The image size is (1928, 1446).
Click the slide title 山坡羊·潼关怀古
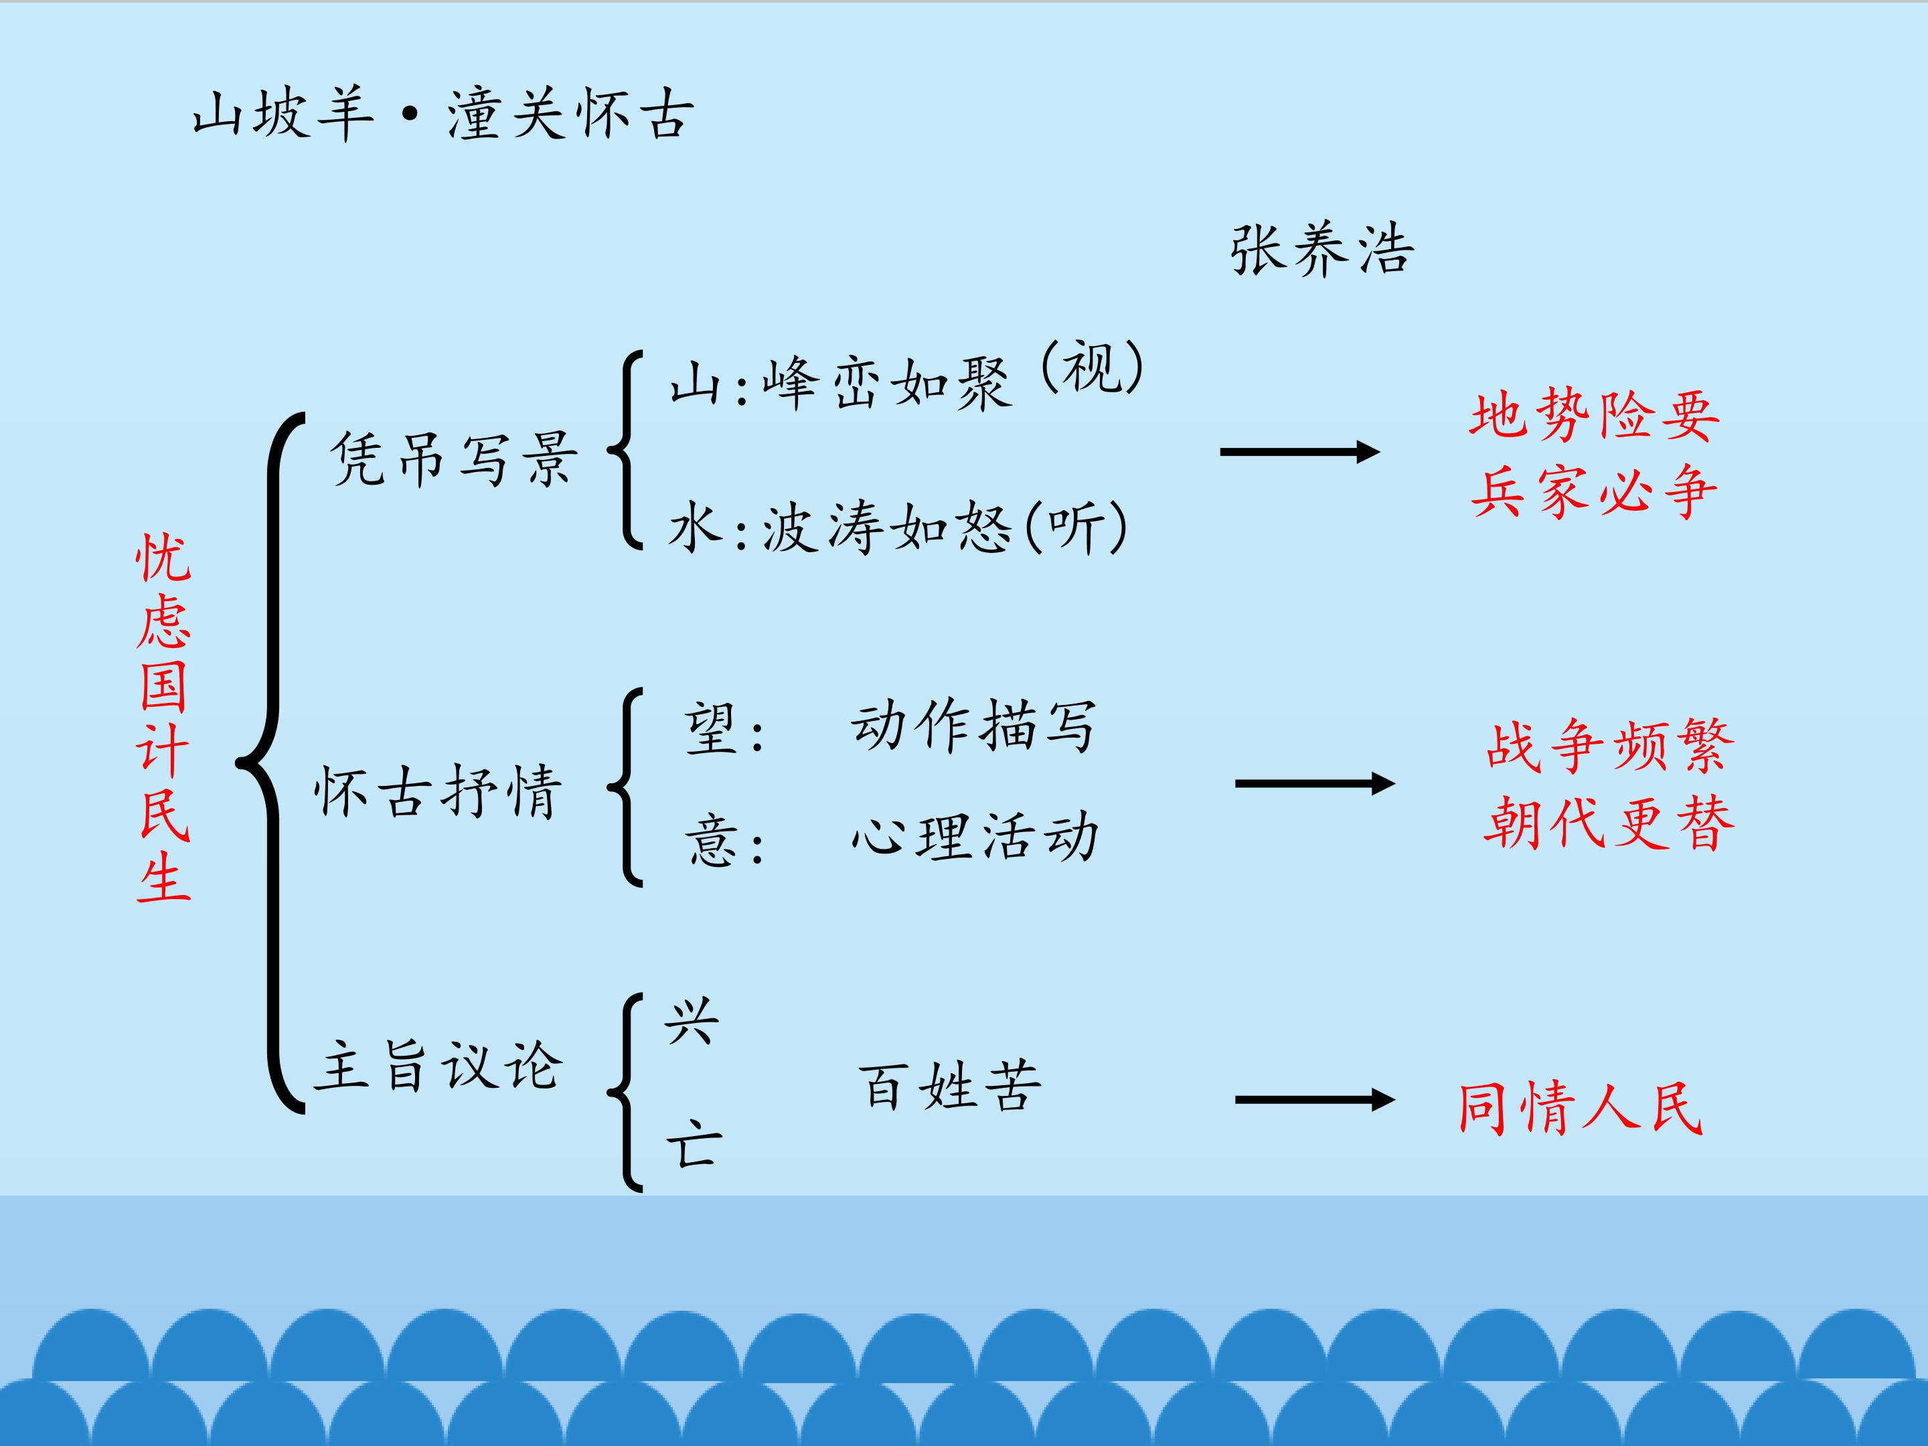(x=443, y=114)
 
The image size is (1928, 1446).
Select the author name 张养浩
(x=1321, y=250)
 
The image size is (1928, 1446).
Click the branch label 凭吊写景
(x=454, y=458)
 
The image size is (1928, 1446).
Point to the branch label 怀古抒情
(x=438, y=791)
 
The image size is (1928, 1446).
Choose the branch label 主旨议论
(x=438, y=1064)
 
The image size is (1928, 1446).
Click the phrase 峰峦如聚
(x=887, y=383)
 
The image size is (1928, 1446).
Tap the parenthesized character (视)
(x=1092, y=367)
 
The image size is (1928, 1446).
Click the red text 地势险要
(x=1594, y=415)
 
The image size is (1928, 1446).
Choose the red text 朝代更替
(x=1609, y=822)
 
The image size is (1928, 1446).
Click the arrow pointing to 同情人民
(x=1314, y=1100)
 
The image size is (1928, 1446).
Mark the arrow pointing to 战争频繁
(x=1314, y=783)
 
